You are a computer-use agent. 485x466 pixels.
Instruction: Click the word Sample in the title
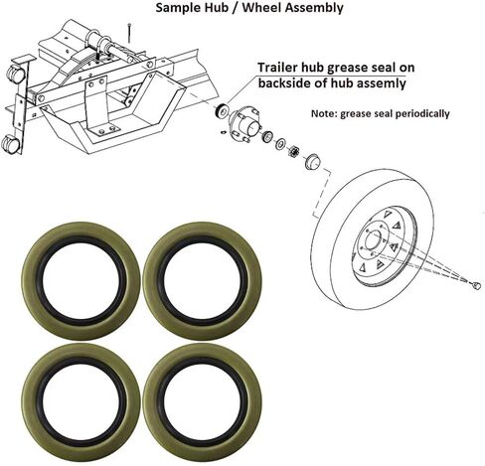176,7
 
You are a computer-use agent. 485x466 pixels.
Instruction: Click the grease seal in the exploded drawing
221,110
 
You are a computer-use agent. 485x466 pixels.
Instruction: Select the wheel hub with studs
245,121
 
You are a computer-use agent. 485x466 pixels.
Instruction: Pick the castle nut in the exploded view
293,151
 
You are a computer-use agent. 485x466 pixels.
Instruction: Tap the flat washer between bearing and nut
281,143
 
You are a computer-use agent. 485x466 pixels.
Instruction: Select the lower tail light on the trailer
10,144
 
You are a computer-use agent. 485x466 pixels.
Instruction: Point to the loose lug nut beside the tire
476,285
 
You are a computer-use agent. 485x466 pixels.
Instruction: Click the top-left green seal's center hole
81,280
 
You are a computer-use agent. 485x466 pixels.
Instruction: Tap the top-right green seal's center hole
202,280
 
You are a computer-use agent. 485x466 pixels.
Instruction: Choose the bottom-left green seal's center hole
81,401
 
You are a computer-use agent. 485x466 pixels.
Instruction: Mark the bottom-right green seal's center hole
202,401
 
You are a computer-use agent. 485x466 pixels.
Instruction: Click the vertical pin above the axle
129,33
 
